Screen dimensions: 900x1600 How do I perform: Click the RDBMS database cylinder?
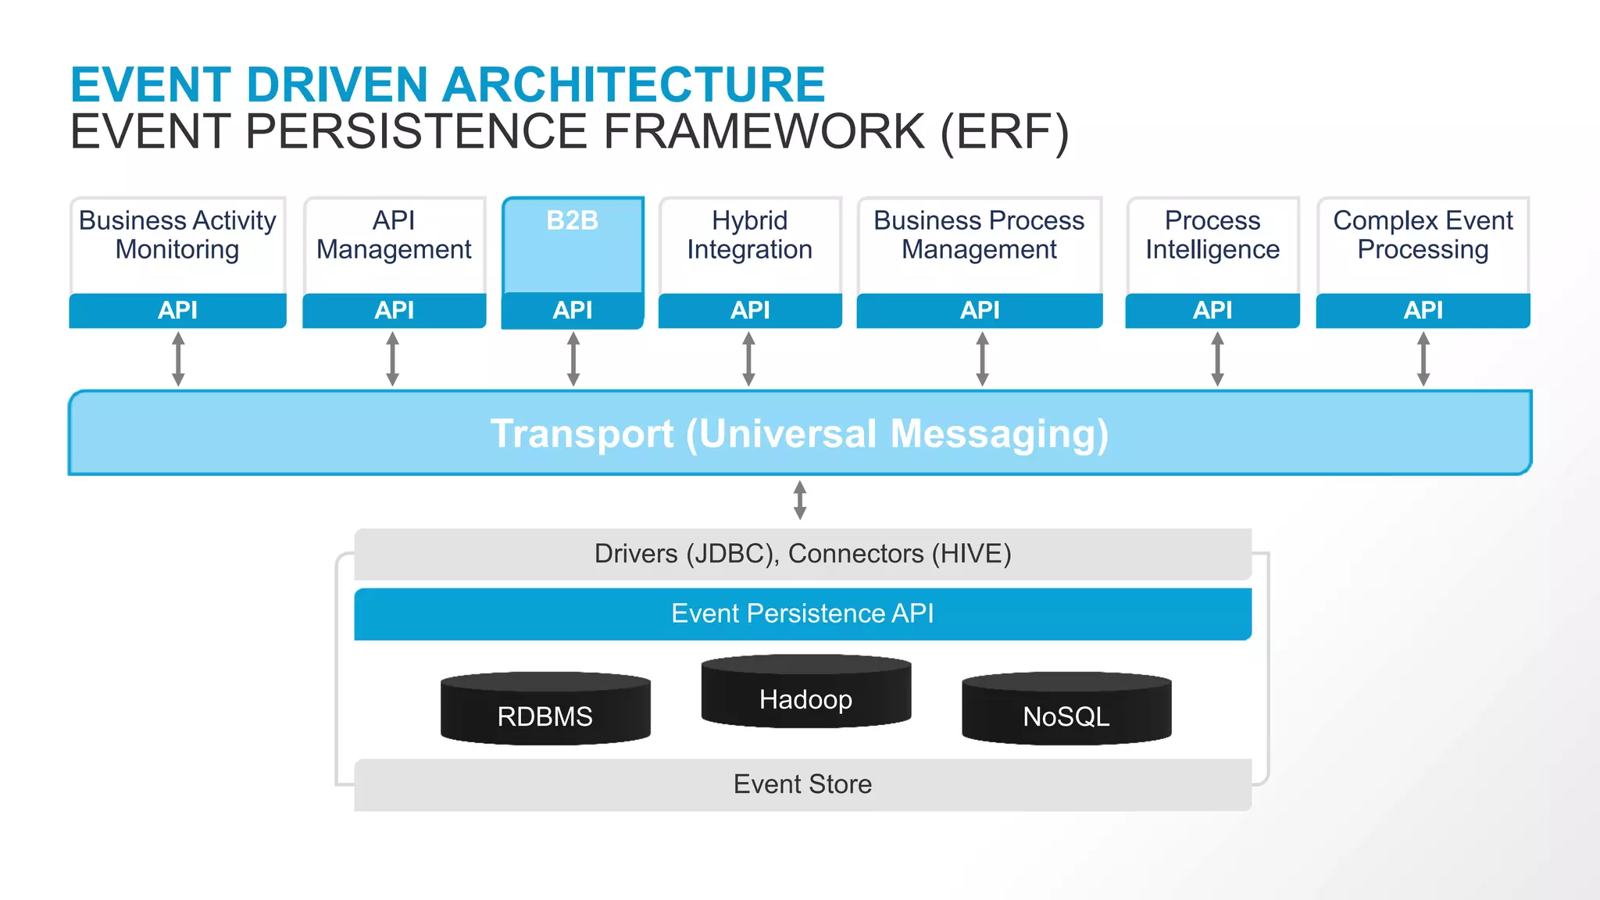click(545, 709)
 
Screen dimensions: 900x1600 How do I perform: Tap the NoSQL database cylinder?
click(1066, 709)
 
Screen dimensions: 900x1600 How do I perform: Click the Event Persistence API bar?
click(802, 614)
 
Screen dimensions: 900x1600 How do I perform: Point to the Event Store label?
click(802, 784)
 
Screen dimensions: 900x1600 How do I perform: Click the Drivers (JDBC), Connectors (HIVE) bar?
click(802, 554)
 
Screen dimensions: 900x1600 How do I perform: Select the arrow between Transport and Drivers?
click(799, 500)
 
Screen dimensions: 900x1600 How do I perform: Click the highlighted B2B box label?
click(572, 221)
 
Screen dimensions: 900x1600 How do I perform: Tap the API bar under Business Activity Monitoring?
click(177, 311)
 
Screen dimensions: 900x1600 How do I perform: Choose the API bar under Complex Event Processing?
click(1423, 311)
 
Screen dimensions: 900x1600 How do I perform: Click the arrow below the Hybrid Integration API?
click(748, 359)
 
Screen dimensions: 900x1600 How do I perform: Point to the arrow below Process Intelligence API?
click(1217, 359)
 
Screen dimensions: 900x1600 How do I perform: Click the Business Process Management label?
click(979, 235)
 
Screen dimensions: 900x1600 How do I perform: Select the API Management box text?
click(394, 235)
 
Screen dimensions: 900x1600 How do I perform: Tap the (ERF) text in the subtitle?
click(1004, 132)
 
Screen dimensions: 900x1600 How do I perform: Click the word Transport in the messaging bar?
click(581, 434)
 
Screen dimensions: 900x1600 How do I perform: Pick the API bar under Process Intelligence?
click(1212, 311)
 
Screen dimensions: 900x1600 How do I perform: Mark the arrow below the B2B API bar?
click(573, 359)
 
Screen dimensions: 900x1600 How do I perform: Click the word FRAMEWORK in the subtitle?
click(764, 132)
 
